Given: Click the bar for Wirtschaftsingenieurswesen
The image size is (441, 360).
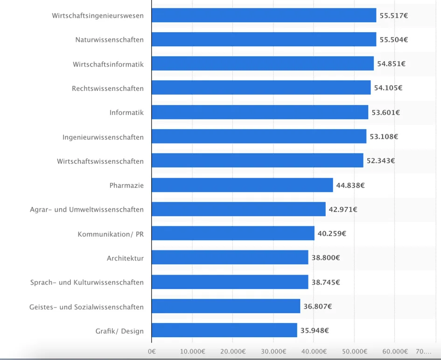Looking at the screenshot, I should [264, 15].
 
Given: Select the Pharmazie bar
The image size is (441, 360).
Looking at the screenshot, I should [242, 185].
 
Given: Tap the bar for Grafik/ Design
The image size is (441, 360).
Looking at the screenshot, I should [224, 331].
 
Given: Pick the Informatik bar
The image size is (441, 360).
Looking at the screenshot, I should [259, 112].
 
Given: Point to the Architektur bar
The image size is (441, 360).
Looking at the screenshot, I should [230, 258].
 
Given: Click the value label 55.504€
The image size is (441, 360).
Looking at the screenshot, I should [393, 40].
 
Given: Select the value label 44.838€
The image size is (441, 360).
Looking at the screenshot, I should [350, 185].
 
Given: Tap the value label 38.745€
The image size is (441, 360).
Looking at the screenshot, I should [325, 282].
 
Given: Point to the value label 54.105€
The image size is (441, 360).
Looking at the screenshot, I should [388, 88].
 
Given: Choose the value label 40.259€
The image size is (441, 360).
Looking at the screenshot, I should [332, 234].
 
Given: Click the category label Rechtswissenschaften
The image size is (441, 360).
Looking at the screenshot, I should [108, 89].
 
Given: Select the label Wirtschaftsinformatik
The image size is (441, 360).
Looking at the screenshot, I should [108, 64].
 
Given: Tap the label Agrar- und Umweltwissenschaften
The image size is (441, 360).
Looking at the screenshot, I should [87, 210].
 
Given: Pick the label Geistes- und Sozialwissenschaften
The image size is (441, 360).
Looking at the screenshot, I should [86, 307].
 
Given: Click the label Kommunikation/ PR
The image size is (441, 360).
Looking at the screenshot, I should [111, 234].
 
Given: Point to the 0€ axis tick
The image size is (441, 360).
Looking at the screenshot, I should [152, 351].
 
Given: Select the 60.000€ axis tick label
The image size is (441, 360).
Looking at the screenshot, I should [394, 351].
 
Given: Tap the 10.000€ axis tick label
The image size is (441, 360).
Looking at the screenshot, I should [192, 351].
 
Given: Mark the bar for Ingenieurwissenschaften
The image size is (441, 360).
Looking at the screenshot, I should [259, 137].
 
